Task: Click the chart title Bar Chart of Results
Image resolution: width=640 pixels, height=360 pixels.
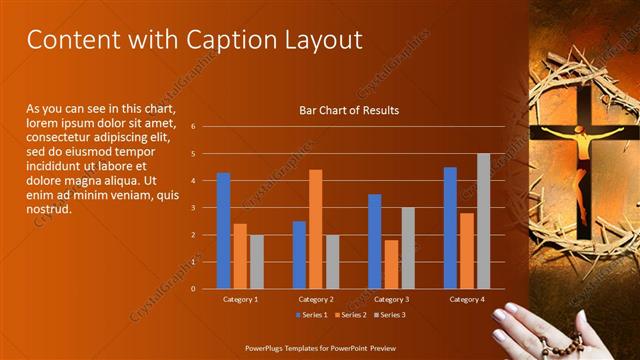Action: [x=349, y=110]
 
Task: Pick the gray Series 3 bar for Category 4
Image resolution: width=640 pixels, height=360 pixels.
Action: [x=483, y=221]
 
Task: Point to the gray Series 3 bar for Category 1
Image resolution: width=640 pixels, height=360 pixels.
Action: [x=257, y=261]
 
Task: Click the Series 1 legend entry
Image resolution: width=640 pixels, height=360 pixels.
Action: [x=311, y=314]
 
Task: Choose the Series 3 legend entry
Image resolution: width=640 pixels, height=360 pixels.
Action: [x=389, y=314]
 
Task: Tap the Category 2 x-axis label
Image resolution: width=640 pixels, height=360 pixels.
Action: [x=315, y=299]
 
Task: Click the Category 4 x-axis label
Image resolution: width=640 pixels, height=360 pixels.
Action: [x=467, y=299]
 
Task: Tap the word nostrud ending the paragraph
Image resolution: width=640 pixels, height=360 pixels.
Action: [x=48, y=208]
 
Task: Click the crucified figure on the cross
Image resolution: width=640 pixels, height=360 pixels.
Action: [x=582, y=150]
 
